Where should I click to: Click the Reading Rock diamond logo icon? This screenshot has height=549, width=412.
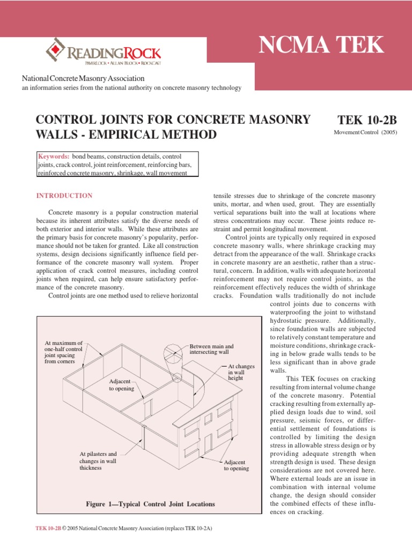point(54,49)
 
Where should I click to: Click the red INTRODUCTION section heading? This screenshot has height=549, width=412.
point(64,196)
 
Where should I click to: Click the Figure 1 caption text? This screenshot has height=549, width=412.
point(150,504)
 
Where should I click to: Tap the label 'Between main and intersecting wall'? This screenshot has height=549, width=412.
point(211,350)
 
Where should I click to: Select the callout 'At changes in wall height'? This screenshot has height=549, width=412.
point(236,372)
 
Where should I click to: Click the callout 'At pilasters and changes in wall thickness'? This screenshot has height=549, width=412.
point(98,461)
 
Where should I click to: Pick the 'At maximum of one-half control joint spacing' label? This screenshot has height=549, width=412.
point(64,352)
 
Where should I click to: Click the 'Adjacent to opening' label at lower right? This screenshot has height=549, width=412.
point(236,465)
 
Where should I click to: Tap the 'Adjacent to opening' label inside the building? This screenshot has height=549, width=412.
point(121,384)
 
